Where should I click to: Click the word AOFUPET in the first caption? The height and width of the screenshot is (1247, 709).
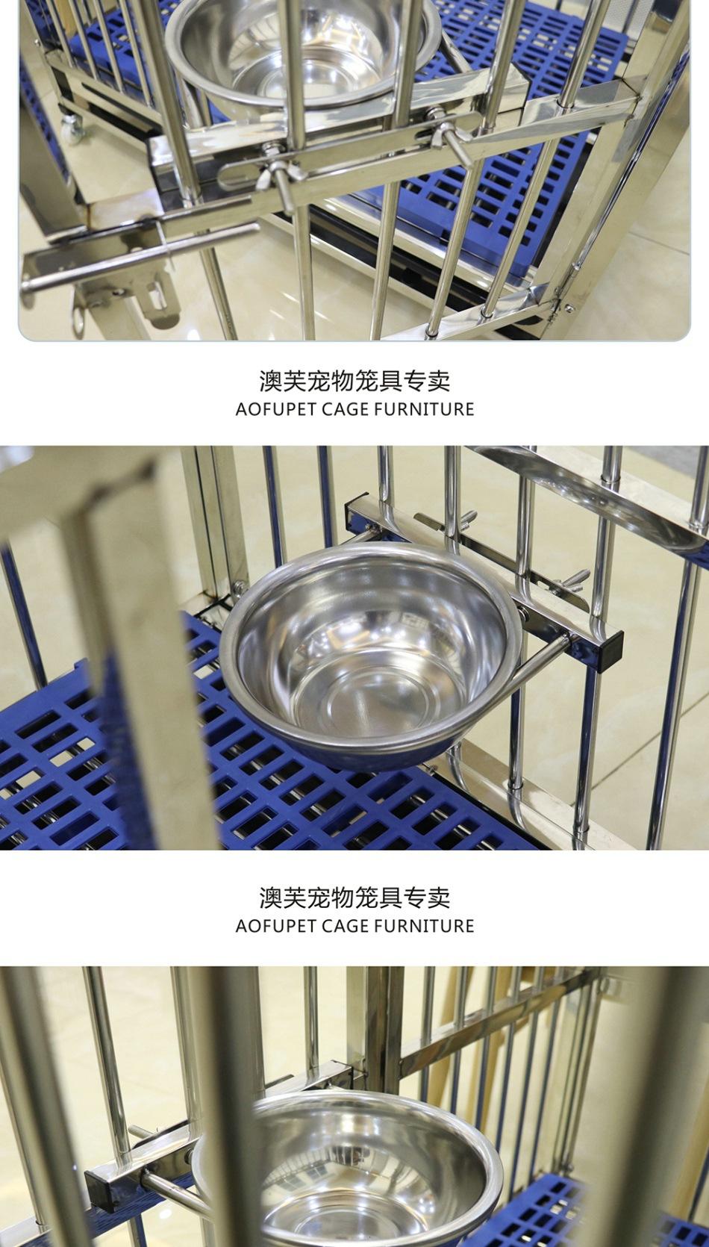pyautogui.click(x=275, y=409)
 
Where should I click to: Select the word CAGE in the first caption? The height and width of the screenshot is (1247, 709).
pyautogui.click(x=346, y=409)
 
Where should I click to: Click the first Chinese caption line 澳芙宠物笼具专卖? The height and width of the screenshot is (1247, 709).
pyautogui.click(x=354, y=381)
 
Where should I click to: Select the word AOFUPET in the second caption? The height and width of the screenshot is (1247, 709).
pyautogui.click(x=275, y=926)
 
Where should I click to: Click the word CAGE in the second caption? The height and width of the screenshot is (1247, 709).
pyautogui.click(x=346, y=926)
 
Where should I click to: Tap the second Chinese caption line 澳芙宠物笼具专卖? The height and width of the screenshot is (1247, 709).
pyautogui.click(x=354, y=897)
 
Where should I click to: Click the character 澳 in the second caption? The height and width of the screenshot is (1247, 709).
pyautogui.click(x=271, y=897)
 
